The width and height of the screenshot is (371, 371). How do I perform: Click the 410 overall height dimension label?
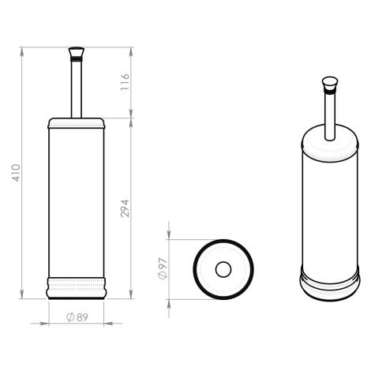coord(17,173)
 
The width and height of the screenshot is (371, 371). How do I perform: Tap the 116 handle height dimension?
coord(125,82)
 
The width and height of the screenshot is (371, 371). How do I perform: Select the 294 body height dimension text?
coord(125,208)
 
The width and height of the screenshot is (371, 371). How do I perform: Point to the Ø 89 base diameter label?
coord(77,317)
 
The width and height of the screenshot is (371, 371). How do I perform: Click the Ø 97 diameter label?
coord(162,268)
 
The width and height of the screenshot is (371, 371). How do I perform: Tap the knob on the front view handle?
coord(77,53)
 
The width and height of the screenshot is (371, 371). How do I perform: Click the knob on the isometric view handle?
coord(330,84)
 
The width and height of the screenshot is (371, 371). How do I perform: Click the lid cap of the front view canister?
coord(77,123)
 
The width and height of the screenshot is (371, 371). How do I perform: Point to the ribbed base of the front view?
coord(77,288)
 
